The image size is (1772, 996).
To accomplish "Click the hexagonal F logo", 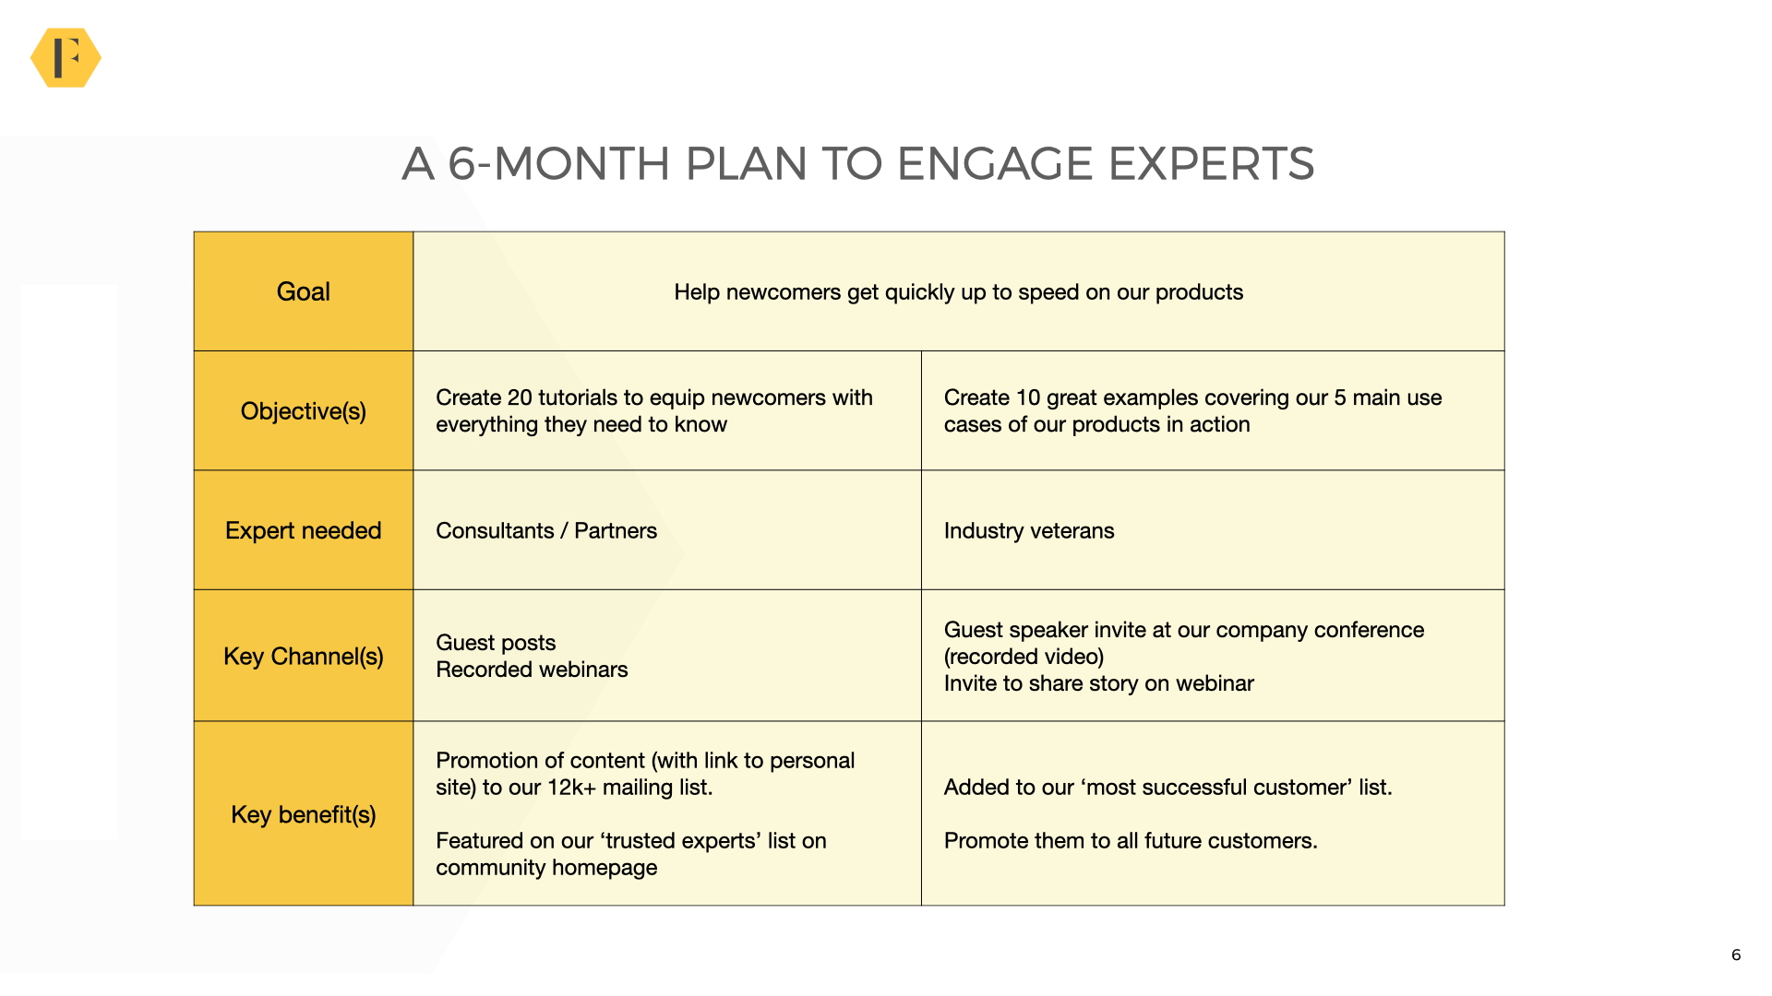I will click(66, 58).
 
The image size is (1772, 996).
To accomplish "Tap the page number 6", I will click(1736, 954).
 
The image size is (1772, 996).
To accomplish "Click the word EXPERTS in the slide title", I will click(1210, 164).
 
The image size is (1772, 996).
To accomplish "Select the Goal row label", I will click(303, 291).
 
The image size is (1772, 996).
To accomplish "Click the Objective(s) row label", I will click(303, 411).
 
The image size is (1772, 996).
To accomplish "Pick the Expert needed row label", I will click(303, 530).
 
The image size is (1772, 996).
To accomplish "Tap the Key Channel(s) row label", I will click(303, 657).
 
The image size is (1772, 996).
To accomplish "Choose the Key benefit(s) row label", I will click(303, 814).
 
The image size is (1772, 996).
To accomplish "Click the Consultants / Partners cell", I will click(545, 531).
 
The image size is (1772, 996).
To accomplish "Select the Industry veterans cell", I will click(1028, 531).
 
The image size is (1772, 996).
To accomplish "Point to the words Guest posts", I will click(496, 643).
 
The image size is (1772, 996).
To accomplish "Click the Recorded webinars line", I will click(532, 670).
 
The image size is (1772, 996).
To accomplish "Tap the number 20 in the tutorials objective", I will click(520, 397).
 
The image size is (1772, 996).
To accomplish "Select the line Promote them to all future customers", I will click(1130, 841).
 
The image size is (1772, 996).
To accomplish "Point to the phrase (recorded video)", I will click(1024, 657).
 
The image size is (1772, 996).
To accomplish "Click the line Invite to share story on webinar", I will click(1098, 683).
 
